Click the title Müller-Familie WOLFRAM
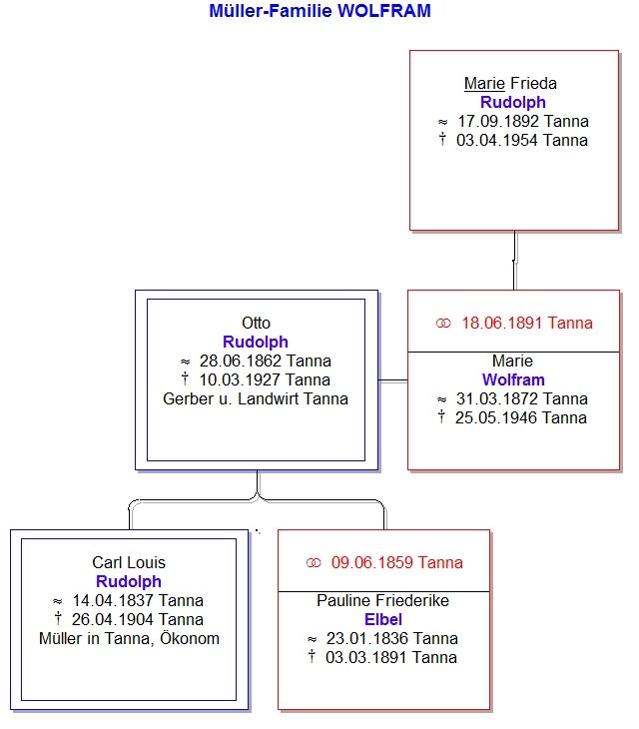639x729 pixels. (x=319, y=11)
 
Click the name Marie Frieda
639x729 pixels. (x=510, y=83)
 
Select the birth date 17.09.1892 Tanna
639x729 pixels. (x=523, y=122)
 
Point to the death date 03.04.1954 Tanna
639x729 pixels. (x=522, y=140)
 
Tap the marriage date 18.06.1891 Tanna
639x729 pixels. (x=527, y=323)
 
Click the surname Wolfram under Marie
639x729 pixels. (x=513, y=379)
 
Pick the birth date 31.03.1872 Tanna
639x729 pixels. (x=522, y=398)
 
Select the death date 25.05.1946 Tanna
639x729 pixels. (x=521, y=418)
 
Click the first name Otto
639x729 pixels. (x=256, y=323)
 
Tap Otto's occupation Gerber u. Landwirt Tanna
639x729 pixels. (x=256, y=398)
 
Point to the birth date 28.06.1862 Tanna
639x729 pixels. (x=266, y=361)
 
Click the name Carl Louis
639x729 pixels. (x=129, y=562)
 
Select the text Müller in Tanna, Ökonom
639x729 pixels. (x=129, y=638)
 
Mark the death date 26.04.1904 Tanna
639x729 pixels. (x=138, y=619)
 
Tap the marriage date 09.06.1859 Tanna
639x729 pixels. (x=396, y=562)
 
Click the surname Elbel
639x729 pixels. (x=383, y=619)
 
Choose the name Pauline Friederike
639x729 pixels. (x=383, y=600)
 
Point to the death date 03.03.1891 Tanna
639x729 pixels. (x=391, y=657)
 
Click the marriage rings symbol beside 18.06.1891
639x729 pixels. (x=443, y=324)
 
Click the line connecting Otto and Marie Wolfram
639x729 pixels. (x=393, y=380)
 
